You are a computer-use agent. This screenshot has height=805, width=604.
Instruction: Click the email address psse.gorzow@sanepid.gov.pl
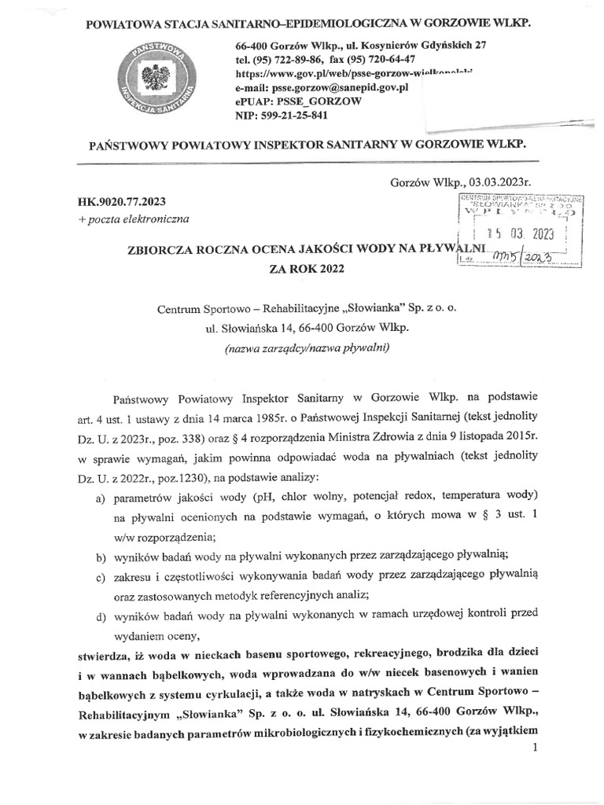click(341, 87)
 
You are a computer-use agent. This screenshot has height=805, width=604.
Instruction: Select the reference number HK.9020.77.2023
click(123, 201)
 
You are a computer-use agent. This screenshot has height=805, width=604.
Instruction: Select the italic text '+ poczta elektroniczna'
click(133, 219)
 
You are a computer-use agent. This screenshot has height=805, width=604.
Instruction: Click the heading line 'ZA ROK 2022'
click(307, 268)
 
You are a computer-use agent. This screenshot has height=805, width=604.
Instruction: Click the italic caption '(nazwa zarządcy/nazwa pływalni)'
click(306, 347)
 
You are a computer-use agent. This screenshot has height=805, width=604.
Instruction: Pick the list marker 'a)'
click(101, 498)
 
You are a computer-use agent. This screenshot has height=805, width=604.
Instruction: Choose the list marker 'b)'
click(101, 557)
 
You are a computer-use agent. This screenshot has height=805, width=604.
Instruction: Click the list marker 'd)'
click(101, 616)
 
